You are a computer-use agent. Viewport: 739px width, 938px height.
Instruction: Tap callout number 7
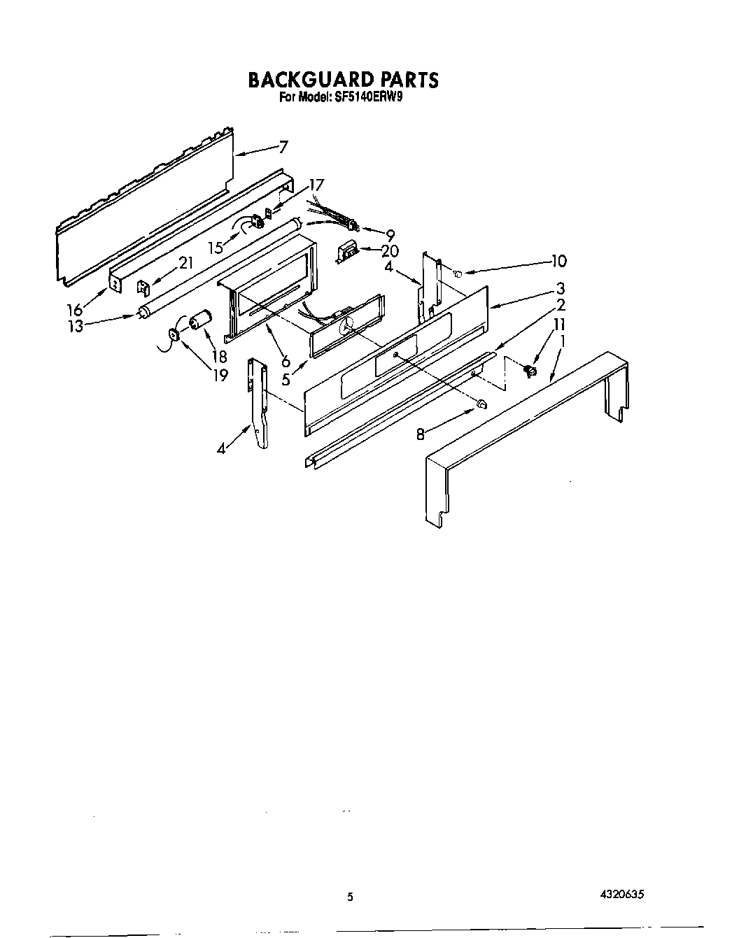pos(283,147)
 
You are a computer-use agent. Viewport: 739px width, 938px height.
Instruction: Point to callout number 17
pos(316,185)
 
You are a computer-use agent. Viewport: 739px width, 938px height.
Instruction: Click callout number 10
pos(558,261)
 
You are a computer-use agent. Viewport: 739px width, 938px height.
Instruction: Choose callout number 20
pos(390,250)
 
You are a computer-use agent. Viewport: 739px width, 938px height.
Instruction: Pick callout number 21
pos(186,264)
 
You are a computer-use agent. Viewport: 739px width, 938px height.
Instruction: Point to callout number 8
pos(421,434)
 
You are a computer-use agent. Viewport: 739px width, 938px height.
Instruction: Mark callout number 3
pos(560,288)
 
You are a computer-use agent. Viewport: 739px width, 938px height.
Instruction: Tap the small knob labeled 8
pos(481,404)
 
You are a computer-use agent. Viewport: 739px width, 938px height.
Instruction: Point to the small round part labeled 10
pos(456,273)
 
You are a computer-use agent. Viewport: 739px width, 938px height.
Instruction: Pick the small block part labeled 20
pos(348,251)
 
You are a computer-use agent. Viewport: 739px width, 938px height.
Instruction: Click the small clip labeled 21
pos(142,287)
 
